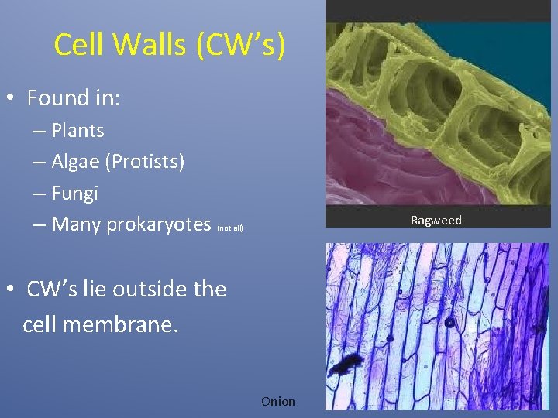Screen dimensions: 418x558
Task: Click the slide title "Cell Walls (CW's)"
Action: pyautogui.click(x=170, y=46)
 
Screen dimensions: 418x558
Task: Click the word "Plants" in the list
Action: pyautogui.click(x=77, y=131)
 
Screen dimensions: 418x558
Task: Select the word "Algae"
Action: pyautogui.click(x=77, y=162)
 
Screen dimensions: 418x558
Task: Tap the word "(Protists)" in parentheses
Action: pyautogui.click(x=146, y=162)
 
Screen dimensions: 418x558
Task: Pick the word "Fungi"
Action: pyautogui.click(x=74, y=194)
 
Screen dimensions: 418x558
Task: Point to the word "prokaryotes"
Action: pyautogui.click(x=158, y=225)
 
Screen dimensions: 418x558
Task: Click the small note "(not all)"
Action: pyautogui.click(x=230, y=228)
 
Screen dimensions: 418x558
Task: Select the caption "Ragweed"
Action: pyautogui.click(x=436, y=221)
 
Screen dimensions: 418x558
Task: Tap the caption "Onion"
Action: pyautogui.click(x=278, y=401)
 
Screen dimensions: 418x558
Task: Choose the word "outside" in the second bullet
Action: pyautogui.click(x=150, y=290)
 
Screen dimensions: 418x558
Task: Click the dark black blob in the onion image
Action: pyautogui.click(x=346, y=362)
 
